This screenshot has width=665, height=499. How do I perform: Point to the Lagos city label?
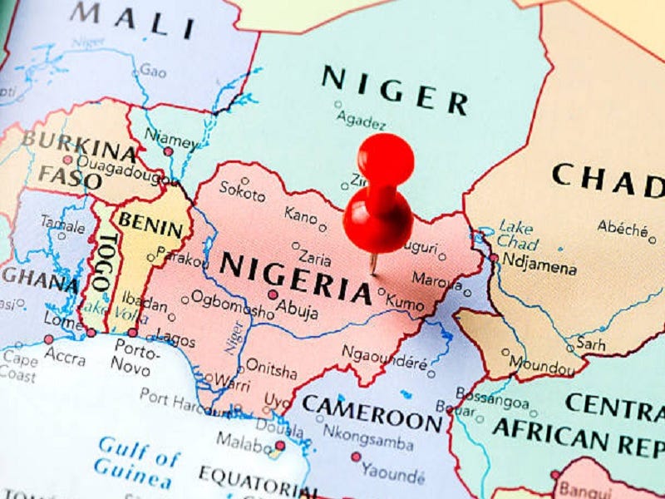175,340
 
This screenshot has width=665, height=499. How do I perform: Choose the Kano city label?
300,215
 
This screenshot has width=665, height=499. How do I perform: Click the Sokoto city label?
242,192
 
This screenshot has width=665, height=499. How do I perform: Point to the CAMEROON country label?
372,413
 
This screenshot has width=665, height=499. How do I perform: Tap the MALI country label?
133,19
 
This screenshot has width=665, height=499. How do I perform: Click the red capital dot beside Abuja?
273,294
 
